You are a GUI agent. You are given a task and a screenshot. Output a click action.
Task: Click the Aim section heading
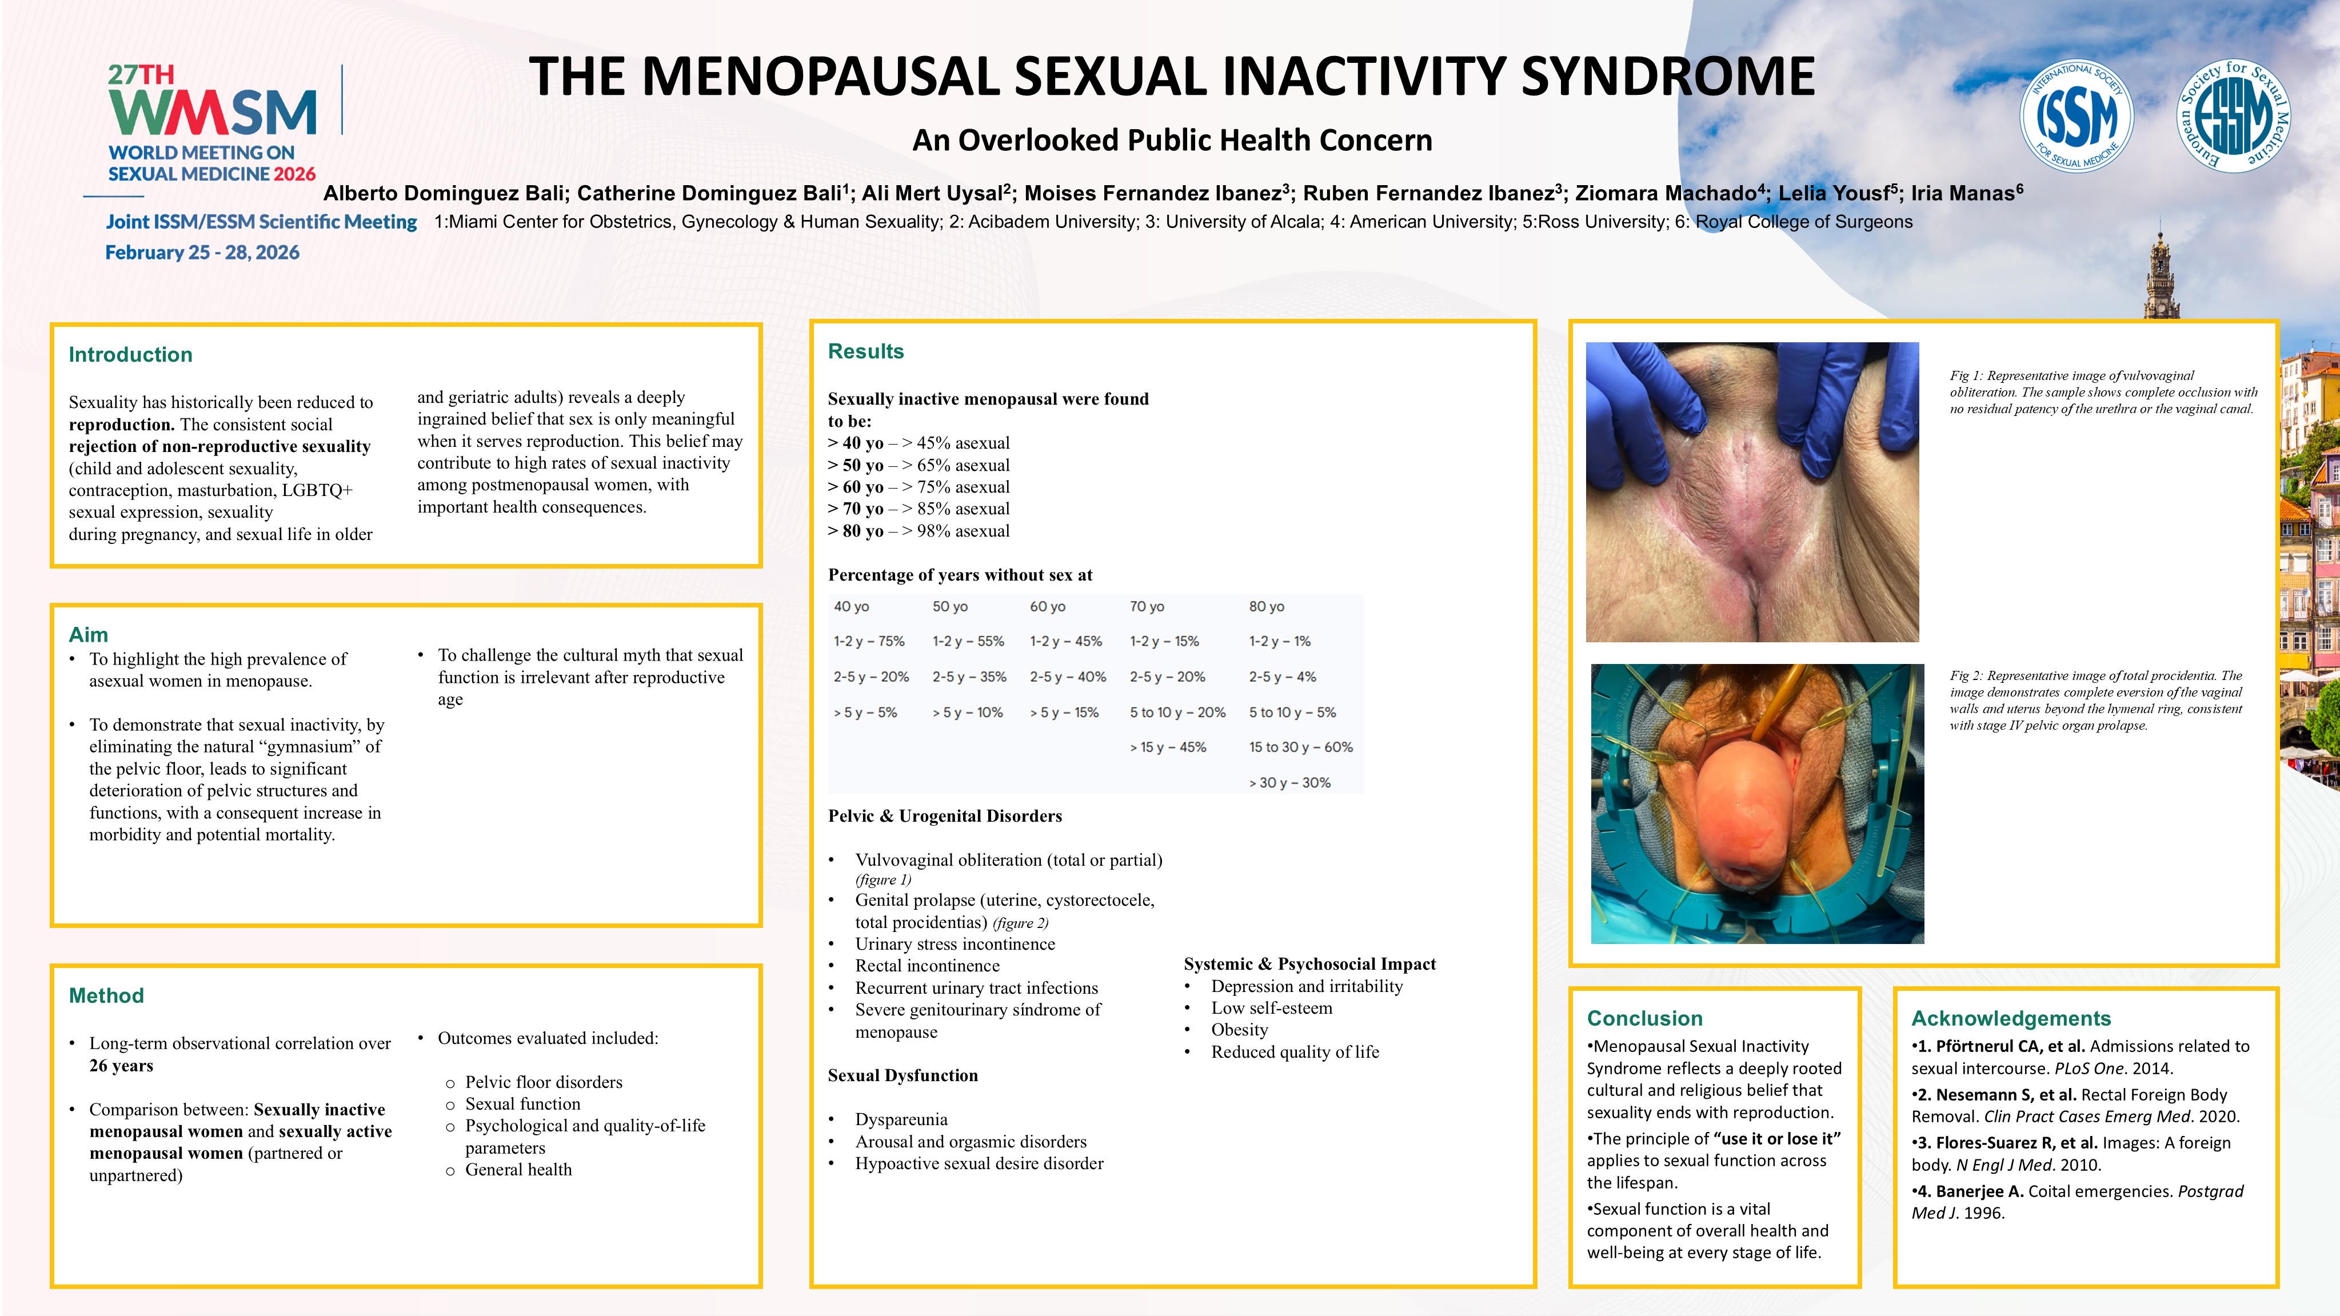point(88,634)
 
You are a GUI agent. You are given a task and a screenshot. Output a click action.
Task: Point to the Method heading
point(106,995)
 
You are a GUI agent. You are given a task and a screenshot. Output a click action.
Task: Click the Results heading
point(866,351)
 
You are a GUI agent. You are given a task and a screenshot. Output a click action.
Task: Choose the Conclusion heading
point(1644,1018)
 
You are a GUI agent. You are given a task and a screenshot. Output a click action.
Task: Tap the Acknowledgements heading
point(2010,1018)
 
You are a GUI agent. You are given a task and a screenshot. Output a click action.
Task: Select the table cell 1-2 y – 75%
point(869,641)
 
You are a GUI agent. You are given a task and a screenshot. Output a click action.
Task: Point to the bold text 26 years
point(121,1065)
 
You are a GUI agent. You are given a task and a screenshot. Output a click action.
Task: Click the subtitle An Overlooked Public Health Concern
point(1172,140)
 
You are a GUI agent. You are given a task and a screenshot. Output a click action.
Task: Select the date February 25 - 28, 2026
point(202,253)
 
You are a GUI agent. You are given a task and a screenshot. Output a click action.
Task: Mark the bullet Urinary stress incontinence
point(955,943)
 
